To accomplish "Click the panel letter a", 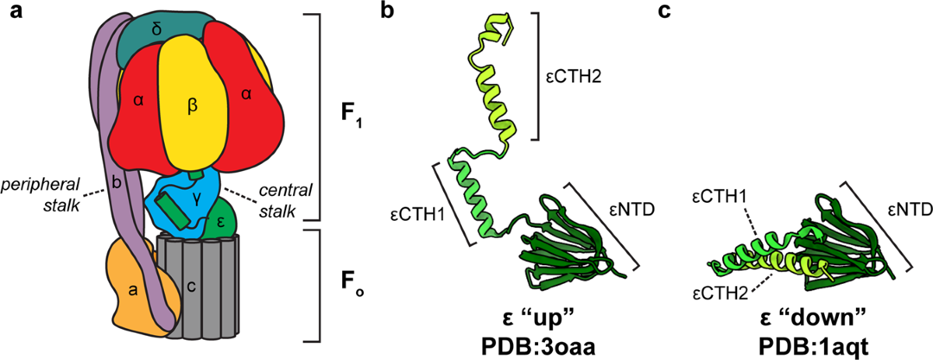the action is [13, 13].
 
